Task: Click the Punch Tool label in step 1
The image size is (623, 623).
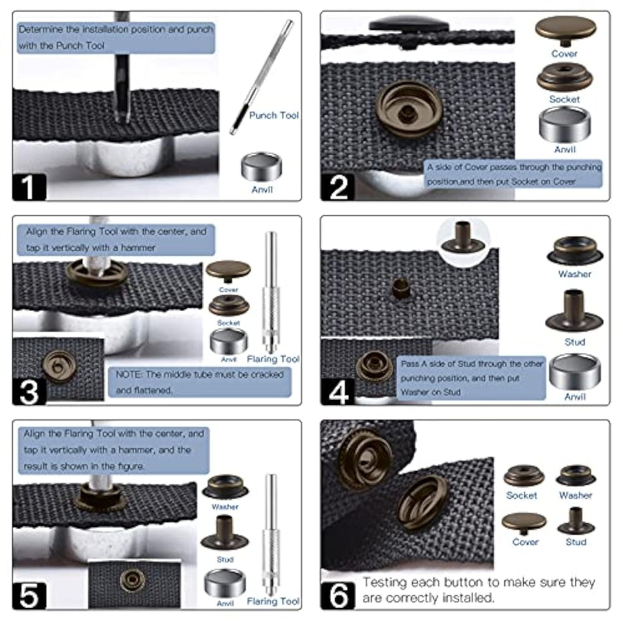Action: [273, 115]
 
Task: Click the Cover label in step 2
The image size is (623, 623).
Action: [564, 54]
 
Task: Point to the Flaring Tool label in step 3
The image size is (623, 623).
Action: [273, 359]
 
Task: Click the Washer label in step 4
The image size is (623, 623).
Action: [574, 274]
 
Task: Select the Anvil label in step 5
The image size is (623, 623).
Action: [225, 604]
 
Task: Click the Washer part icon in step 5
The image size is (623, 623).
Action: [225, 487]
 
